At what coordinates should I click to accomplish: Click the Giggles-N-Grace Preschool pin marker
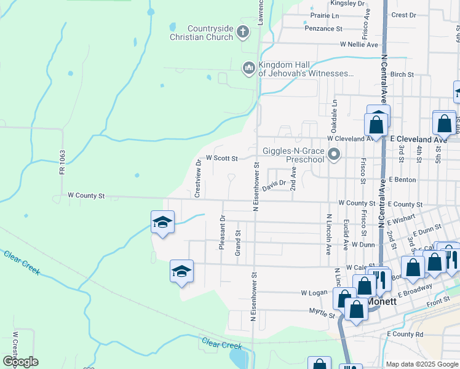tap(334, 155)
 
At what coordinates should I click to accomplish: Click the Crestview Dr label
tap(197, 178)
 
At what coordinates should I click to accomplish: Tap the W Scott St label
tap(221, 158)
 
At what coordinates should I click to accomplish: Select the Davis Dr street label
tap(274, 184)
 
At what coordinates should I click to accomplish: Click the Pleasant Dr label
tap(222, 232)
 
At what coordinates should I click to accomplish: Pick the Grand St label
tap(238, 242)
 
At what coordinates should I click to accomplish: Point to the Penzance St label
tap(325, 28)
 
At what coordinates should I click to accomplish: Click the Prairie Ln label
tap(325, 15)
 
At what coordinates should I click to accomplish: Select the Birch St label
tap(402, 74)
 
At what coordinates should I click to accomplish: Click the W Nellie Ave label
tap(359, 45)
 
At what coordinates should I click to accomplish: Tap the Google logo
tap(20, 362)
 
